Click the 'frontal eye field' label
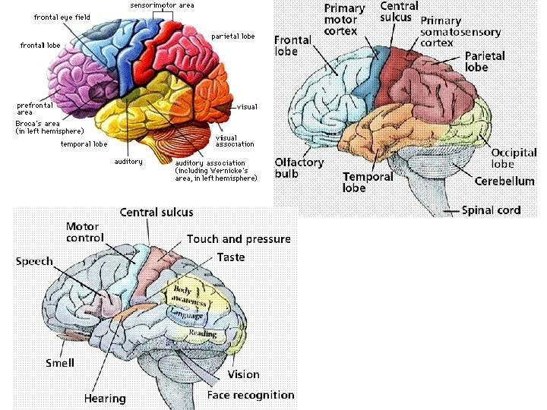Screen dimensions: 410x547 tap(62, 17)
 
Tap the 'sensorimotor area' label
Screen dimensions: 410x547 tap(162, 5)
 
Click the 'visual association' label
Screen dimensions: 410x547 tap(235, 141)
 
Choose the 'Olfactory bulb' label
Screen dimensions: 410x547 tap(299, 168)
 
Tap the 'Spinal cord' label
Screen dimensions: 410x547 tap(491, 210)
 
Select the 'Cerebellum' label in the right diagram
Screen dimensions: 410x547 tap(504, 181)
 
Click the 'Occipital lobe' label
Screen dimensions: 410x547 tap(514, 158)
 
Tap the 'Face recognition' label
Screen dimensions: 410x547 tap(251, 395)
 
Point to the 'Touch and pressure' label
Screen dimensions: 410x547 tap(239, 239)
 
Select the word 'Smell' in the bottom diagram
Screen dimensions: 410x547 tap(60, 363)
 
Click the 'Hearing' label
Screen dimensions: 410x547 tap(105, 399)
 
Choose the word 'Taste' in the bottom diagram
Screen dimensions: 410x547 tap(231, 257)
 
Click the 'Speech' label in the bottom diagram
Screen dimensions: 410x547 tap(35, 261)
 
